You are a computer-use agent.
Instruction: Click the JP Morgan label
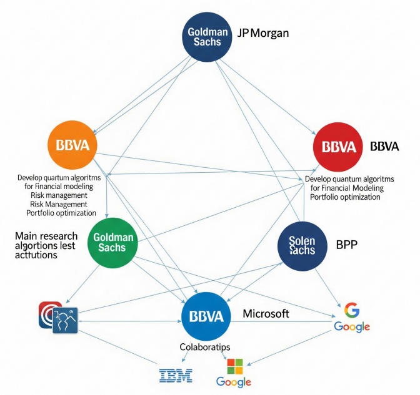(263, 33)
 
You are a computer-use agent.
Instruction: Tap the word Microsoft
(266, 314)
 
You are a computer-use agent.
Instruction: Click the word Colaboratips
(205, 348)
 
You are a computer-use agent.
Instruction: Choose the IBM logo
(176, 375)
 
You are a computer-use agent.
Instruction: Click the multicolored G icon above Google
(351, 310)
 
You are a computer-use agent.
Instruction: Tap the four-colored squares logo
(234, 366)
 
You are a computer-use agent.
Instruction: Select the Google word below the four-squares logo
(234, 382)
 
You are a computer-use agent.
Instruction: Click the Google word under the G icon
(352, 326)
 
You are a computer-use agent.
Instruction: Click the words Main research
(46, 236)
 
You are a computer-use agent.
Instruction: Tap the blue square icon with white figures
(64, 320)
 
